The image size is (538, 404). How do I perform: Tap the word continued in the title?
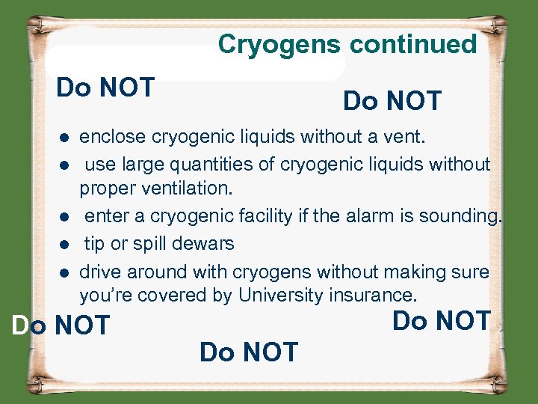[413, 45]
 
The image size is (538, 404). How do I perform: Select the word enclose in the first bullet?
[112, 137]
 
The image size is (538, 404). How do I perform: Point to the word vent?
[403, 137]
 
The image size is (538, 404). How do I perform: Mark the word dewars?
[206, 244]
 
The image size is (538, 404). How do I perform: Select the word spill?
[152, 244]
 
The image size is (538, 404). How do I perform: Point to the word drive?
[102, 271]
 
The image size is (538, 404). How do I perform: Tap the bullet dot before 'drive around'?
[66, 272]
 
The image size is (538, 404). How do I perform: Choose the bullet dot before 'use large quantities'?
[66, 165]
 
